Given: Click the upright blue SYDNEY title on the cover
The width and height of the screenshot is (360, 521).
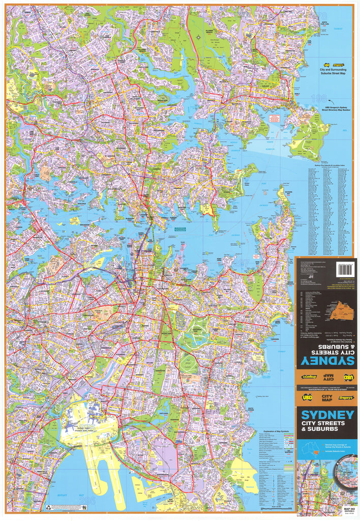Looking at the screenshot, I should click(x=327, y=414).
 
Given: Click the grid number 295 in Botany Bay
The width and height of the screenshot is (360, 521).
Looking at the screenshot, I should click(x=87, y=501).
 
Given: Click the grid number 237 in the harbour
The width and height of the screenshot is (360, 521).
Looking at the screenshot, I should click(x=244, y=263).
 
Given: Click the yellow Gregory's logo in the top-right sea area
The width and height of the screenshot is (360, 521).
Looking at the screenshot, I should click(x=338, y=65).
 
